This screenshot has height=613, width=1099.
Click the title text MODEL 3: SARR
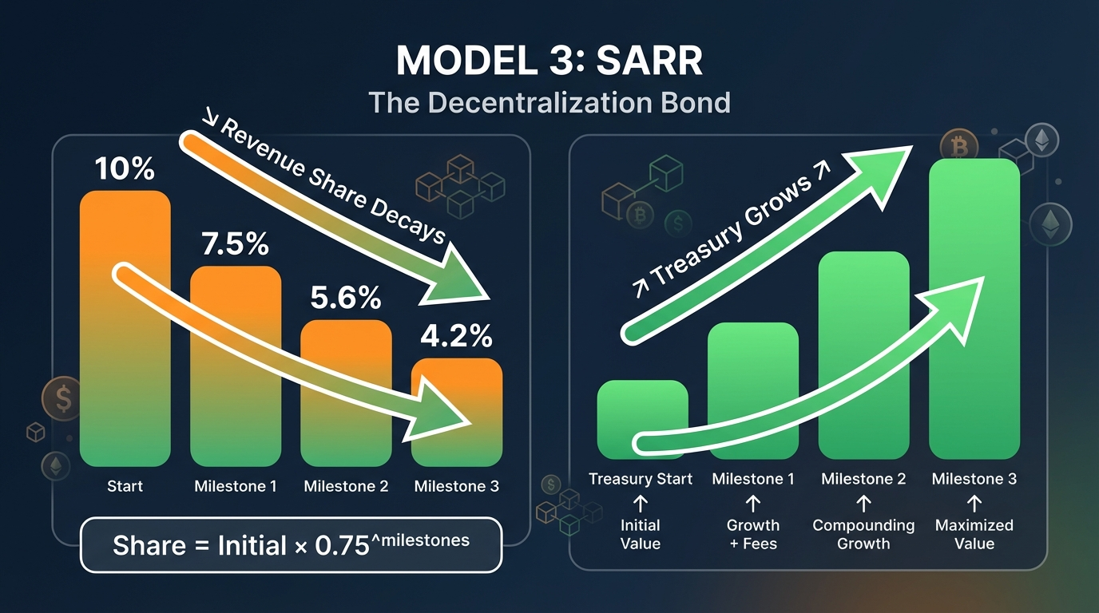click(x=549, y=61)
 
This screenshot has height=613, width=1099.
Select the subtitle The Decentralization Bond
click(x=549, y=103)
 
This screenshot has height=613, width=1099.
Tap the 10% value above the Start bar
click(x=125, y=168)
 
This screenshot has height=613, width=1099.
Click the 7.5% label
click(x=235, y=244)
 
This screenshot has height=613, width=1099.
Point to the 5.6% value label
click(x=346, y=298)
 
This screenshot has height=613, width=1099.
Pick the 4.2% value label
click(x=457, y=337)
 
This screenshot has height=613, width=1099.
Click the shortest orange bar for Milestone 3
click(x=457, y=431)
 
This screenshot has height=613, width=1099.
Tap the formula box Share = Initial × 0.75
click(x=292, y=544)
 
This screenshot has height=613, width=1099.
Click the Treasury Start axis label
click(x=641, y=479)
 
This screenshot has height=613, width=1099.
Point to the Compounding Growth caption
click(x=863, y=535)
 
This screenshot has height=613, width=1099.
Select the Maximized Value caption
click(x=974, y=535)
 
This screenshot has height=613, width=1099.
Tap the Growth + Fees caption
click(x=752, y=535)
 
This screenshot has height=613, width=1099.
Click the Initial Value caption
click(x=641, y=535)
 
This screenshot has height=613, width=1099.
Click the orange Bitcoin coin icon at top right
click(x=958, y=146)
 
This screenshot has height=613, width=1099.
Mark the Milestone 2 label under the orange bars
click(x=346, y=486)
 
